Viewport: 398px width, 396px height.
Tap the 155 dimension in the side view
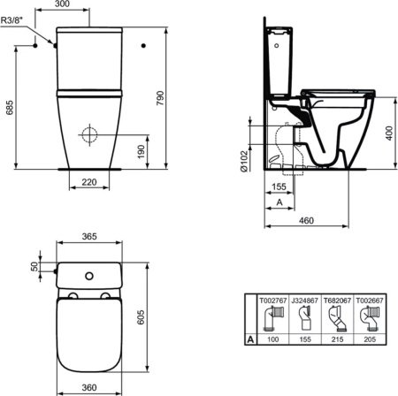277,187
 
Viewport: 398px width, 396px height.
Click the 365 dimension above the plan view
87,237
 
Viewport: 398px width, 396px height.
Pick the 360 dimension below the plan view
87,387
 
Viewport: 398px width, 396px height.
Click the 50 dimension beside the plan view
35,267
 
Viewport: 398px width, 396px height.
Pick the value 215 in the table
335,339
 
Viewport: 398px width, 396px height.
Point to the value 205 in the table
367,339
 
